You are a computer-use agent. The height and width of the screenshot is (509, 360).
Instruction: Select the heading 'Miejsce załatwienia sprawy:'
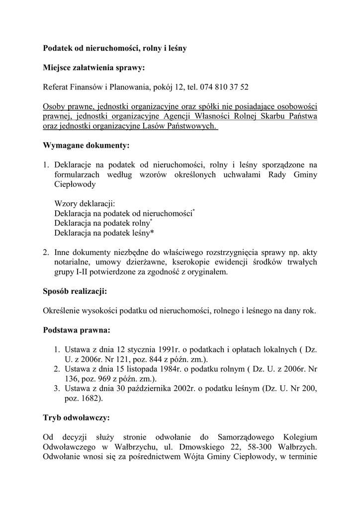94,68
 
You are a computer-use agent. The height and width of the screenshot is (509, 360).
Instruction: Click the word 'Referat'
57,87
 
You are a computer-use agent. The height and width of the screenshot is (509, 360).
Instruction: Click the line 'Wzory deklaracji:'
85,204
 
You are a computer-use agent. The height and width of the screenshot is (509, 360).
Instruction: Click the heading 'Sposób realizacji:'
75,291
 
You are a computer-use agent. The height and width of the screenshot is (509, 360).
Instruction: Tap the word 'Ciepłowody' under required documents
75,184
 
